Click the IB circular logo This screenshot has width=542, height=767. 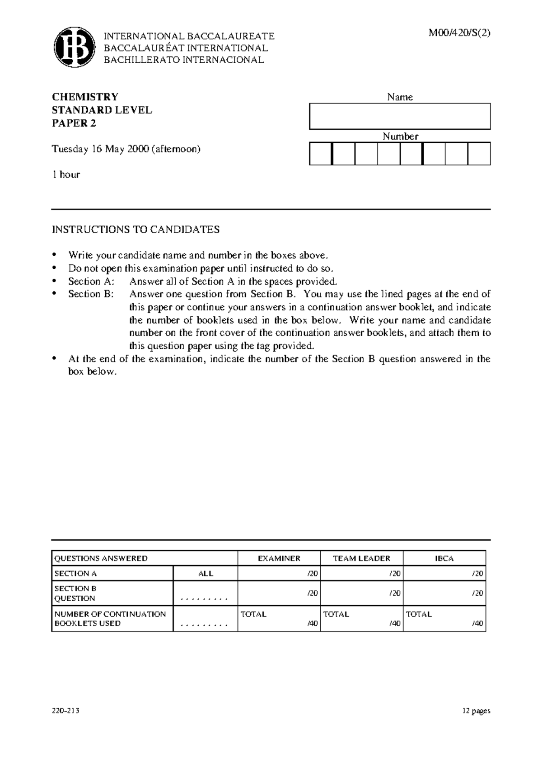click(75, 47)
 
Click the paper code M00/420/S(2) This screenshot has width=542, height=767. click(460, 33)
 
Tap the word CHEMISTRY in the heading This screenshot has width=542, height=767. click(85, 97)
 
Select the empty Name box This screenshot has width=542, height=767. click(400, 117)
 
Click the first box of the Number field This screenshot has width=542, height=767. click(321, 154)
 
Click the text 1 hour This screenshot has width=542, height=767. click(66, 175)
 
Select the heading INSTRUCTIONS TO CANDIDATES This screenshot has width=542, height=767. click(135, 229)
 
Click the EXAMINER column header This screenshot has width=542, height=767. click(279, 558)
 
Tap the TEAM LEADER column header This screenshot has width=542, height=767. click(361, 558)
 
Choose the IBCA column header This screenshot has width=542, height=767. click(444, 558)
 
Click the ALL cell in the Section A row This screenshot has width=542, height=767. click(206, 574)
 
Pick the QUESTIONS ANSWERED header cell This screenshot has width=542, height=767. click(101, 558)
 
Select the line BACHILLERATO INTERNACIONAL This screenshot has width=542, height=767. click(184, 60)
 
